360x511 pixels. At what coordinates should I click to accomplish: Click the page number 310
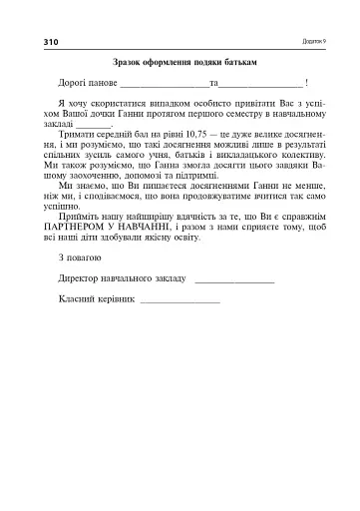click(x=51, y=42)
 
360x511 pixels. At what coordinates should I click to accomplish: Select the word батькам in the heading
click(x=241, y=62)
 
